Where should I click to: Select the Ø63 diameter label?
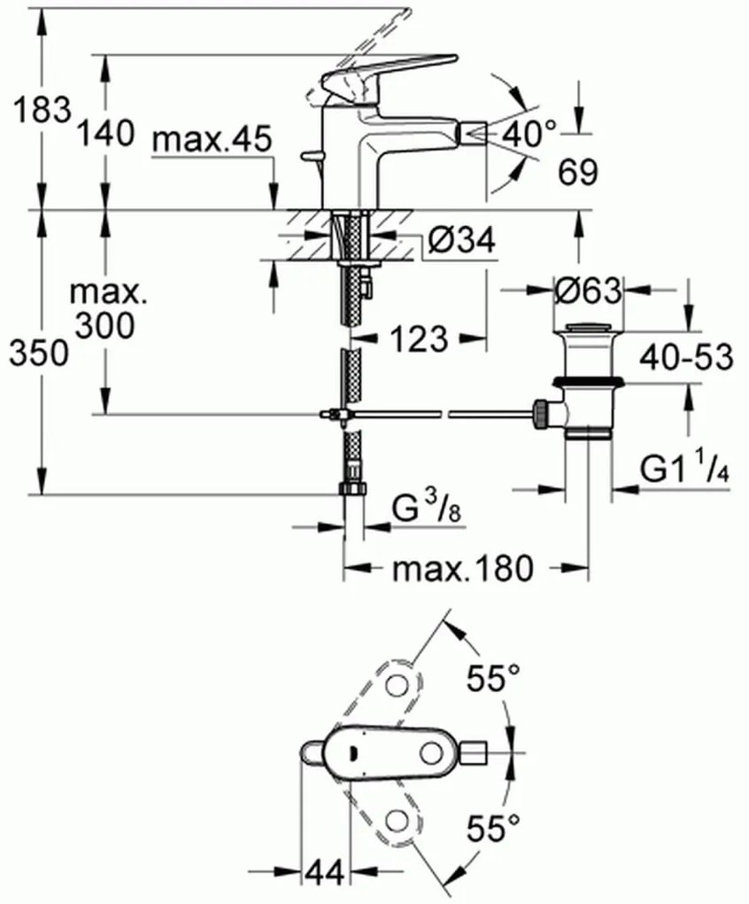(588, 290)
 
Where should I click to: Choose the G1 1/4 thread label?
(685, 471)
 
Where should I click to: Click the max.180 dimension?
(463, 568)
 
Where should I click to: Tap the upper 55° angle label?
(493, 680)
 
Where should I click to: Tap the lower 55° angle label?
(493, 830)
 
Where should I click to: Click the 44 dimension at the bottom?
(323, 873)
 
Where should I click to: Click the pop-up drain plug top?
(588, 330)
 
